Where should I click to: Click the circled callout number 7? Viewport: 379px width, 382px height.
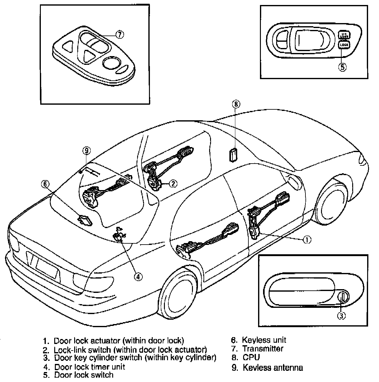point(120,35)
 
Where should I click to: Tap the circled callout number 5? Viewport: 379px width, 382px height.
point(342,67)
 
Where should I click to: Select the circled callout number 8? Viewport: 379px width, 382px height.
point(236,104)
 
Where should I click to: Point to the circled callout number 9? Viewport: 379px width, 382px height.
point(86,151)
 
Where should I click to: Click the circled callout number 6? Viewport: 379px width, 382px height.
point(46,184)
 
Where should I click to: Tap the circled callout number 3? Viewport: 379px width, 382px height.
point(342,316)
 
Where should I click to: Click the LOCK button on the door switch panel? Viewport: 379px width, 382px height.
point(344,45)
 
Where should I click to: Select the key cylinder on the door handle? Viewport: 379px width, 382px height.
point(343,296)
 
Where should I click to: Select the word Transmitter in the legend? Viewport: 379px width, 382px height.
point(263,349)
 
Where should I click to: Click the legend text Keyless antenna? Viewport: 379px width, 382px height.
point(273,368)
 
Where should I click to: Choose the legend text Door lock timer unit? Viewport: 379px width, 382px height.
point(89,367)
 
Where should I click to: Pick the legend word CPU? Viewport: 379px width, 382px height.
point(251,357)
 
